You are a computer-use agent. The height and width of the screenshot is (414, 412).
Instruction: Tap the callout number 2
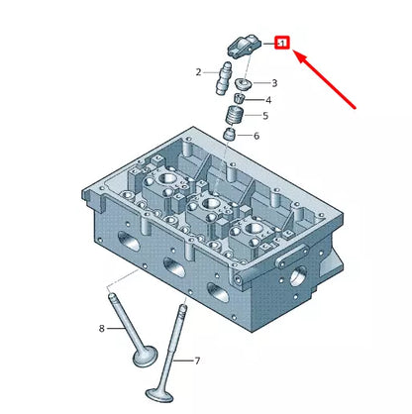click(x=198, y=72)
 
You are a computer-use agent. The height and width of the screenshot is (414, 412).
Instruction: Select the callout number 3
click(x=274, y=83)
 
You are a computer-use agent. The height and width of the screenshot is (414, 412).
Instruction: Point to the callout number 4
click(x=268, y=100)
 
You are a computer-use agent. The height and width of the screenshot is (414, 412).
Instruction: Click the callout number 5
click(x=265, y=116)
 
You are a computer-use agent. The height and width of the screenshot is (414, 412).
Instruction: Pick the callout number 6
click(x=257, y=136)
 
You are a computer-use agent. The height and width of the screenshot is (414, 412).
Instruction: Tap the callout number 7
click(x=197, y=361)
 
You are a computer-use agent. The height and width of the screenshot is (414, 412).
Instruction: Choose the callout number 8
click(x=102, y=329)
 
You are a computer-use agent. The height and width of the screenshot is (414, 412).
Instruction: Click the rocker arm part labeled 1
click(x=245, y=48)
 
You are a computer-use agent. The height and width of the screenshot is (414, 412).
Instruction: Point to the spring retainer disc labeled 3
click(x=244, y=84)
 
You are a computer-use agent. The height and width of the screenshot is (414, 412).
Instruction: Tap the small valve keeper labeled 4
click(x=239, y=98)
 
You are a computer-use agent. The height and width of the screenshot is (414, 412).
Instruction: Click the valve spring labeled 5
click(x=235, y=115)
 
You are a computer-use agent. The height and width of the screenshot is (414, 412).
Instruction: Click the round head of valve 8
click(x=145, y=357)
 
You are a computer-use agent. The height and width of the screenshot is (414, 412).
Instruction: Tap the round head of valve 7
click(x=159, y=394)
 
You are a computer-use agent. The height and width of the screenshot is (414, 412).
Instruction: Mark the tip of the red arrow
click(x=293, y=51)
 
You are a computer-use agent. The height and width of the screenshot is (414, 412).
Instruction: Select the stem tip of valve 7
click(x=183, y=308)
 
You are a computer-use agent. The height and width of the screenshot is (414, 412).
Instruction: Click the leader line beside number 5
click(x=253, y=115)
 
